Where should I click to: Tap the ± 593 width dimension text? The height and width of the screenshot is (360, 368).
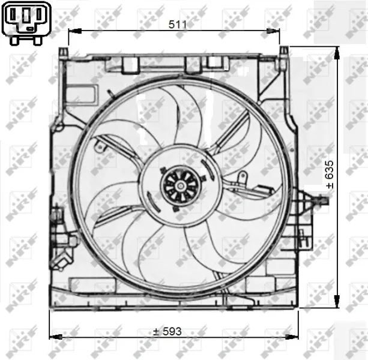click(x=166, y=331)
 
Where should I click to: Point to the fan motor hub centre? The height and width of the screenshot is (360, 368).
click(x=177, y=184)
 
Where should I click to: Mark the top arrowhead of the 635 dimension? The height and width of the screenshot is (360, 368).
click(x=336, y=52)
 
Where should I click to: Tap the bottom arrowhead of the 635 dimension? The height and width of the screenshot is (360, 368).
click(x=336, y=304)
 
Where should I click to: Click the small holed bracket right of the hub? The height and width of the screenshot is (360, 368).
click(x=242, y=176)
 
